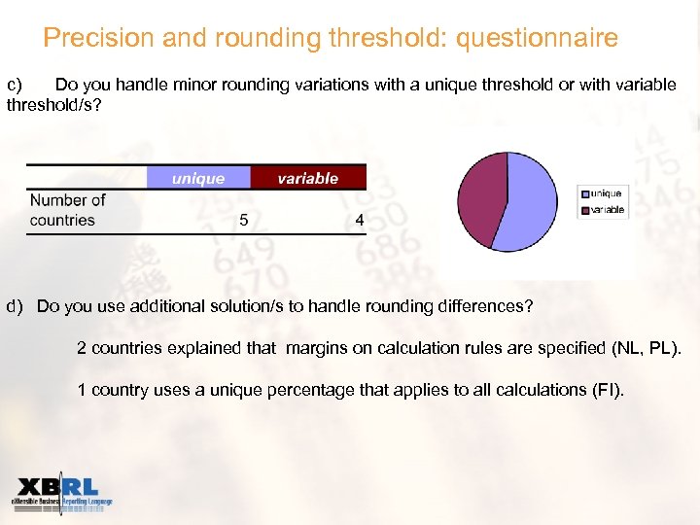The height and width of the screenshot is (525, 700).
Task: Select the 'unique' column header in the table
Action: tap(198, 178)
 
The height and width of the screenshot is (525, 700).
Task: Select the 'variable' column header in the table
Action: tap(307, 178)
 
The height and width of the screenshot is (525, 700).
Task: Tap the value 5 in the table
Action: tap(244, 220)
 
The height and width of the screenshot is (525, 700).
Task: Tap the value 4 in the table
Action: tap(360, 220)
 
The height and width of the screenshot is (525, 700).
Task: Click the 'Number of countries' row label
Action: tap(67, 210)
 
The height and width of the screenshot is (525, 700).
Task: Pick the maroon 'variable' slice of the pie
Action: tap(481, 199)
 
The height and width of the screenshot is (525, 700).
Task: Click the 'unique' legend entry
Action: tap(606, 193)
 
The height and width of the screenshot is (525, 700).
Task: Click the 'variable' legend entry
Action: tap(608, 209)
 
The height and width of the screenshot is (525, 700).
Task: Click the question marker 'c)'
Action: tap(20, 85)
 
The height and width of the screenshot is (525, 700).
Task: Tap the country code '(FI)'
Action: tap(607, 390)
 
